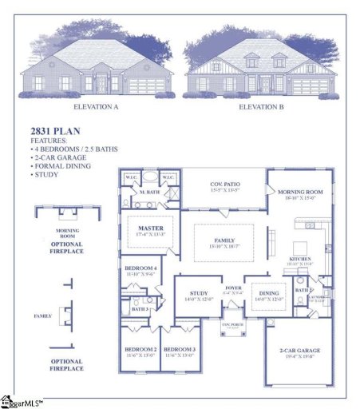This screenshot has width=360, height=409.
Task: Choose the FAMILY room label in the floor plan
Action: [x=224, y=240]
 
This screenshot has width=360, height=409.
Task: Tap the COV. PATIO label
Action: [x=224, y=185]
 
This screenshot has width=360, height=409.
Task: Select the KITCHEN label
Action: [x=301, y=260]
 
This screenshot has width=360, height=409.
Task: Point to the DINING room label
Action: [x=268, y=293]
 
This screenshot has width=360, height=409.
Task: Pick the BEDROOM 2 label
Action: [x=139, y=350]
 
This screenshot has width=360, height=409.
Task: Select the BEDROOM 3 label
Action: [x=180, y=350]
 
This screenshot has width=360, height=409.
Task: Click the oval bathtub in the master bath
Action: [x=149, y=178]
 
